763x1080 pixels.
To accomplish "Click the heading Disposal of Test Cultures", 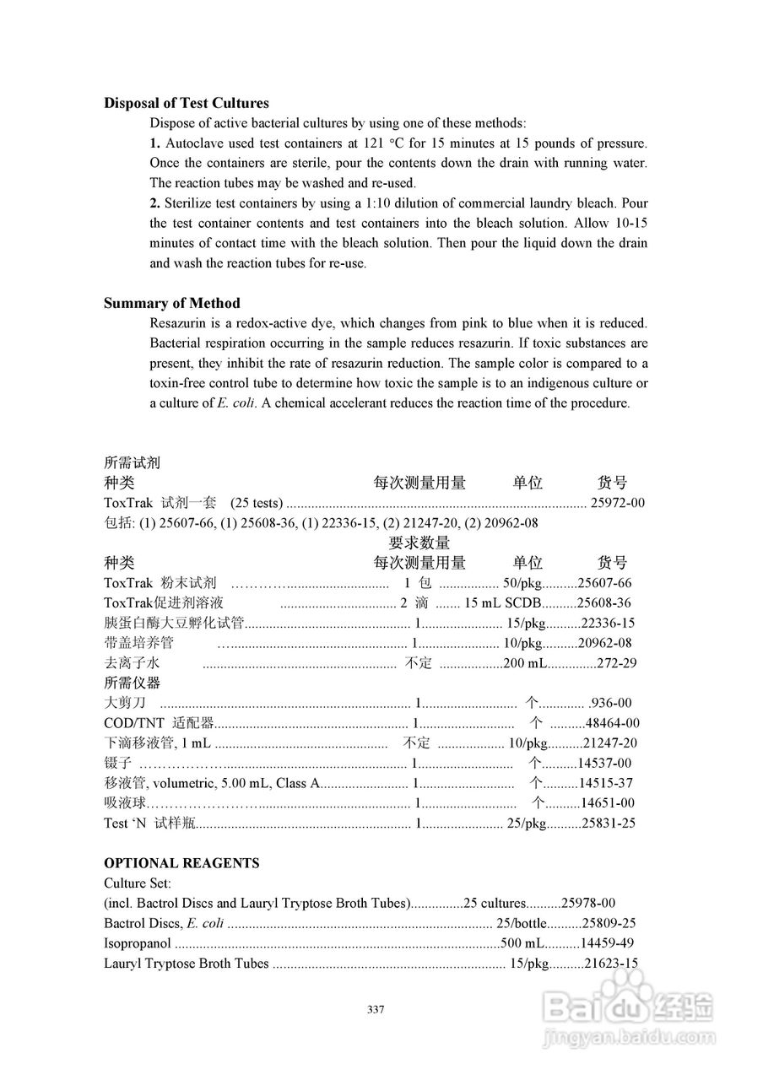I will coord(186,103).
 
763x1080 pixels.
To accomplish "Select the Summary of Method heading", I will coord(171,303).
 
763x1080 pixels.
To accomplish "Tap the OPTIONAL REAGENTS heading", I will coord(181,863).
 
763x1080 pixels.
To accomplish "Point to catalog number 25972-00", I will coord(617,503).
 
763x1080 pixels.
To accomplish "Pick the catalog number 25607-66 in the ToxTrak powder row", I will coord(604,583).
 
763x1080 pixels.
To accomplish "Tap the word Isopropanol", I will coord(138,943).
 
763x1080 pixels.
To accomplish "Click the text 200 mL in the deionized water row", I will coord(525,663).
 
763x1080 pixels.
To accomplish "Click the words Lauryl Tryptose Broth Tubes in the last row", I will coord(187,964).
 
